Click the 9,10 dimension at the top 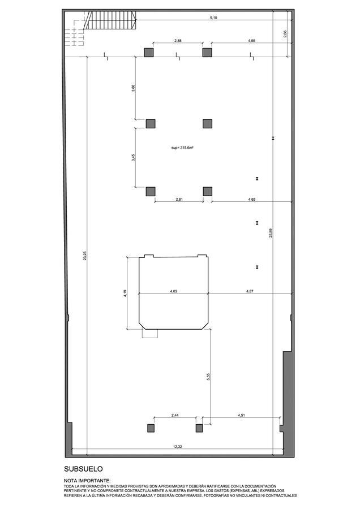[213, 18]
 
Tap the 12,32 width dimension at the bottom [177, 447]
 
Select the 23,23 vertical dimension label [85, 256]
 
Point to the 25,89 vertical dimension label [271, 233]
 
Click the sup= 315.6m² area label [183, 148]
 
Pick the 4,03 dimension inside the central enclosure [174, 291]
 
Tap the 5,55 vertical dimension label [208, 376]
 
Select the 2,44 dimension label [174, 415]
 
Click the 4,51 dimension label [241, 415]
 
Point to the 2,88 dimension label [178, 41]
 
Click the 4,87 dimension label [250, 291]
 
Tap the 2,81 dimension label [179, 199]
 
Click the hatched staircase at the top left [110, 20]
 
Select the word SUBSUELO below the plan [84, 469]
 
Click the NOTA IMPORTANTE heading [87, 481]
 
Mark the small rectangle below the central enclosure [150, 334]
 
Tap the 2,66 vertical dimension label [285, 34]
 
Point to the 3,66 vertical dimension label [133, 88]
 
